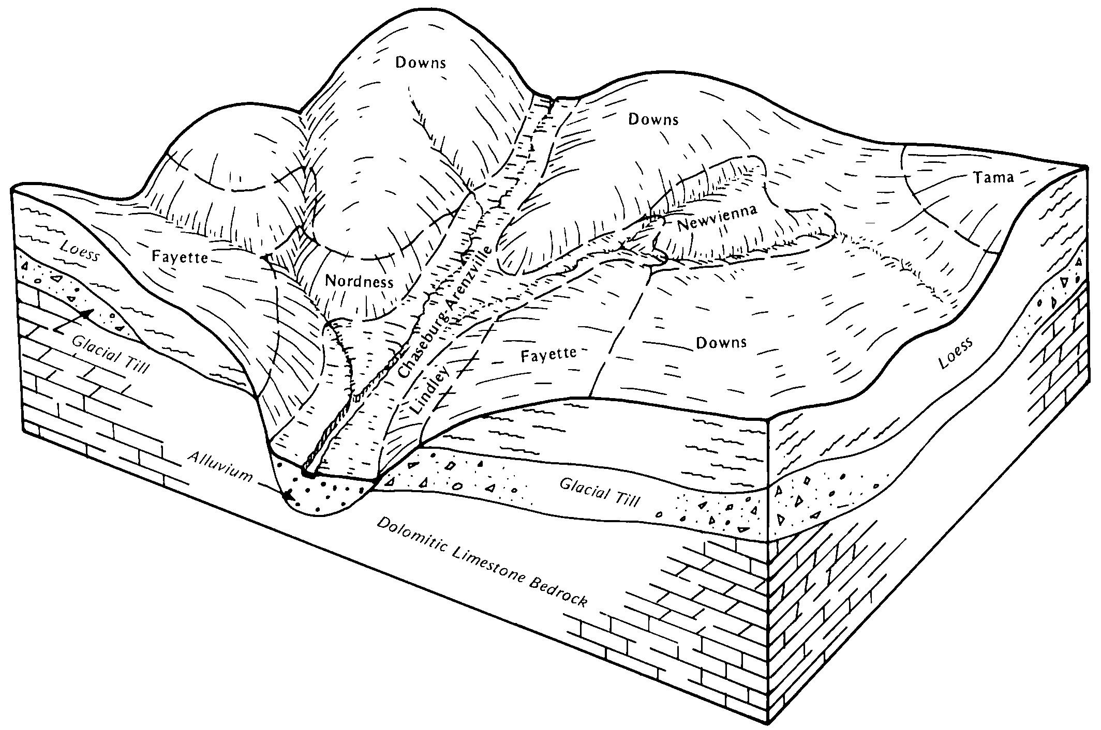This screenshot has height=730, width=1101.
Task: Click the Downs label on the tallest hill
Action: coord(420,63)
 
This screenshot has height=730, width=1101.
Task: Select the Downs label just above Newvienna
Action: coord(653,120)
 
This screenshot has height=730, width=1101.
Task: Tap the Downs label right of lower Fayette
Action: coord(721,342)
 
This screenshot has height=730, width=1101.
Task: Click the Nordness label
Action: coord(359,282)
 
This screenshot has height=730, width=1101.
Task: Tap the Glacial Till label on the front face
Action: coord(600,493)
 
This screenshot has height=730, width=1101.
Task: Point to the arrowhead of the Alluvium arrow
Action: coord(287,495)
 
